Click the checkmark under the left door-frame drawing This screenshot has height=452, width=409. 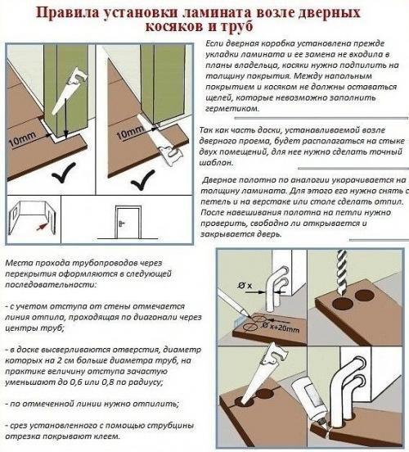point(64,173)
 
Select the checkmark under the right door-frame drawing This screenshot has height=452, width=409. point(143,180)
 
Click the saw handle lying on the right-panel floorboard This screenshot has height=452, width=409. point(170,155)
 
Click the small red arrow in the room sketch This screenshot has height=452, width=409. point(42,226)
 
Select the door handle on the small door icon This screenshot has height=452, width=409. point(122,223)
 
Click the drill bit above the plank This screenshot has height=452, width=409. point(343,272)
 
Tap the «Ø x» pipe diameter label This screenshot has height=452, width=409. point(245,286)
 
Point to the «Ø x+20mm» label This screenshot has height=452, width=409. point(281,328)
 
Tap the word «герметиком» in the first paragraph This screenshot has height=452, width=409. point(232,109)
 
